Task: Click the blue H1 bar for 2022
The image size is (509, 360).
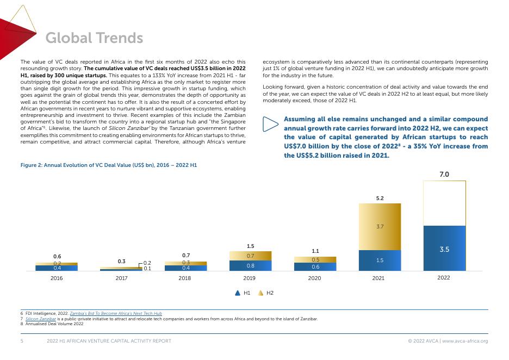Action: point(444,248)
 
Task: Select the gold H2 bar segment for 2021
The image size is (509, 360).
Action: point(379,227)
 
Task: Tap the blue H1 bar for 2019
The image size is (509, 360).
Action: point(250,265)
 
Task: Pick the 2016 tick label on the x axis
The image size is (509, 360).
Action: point(57,278)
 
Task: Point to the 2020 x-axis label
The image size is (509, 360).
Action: point(314,278)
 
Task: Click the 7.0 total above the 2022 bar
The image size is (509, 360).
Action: point(444,175)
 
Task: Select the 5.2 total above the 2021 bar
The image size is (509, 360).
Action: point(380,198)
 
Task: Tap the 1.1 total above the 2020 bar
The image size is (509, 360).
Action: point(315,251)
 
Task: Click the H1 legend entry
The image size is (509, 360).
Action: point(242,293)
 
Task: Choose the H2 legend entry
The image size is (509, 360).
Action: point(265,293)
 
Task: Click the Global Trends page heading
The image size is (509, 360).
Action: point(94,38)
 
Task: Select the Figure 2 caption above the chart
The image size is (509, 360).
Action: point(108,164)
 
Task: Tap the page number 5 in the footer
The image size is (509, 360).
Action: point(22,341)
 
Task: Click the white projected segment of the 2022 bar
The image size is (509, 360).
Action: point(444,203)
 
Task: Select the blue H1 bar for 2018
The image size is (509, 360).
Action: point(185,268)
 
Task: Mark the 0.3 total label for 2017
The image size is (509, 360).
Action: point(121,262)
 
